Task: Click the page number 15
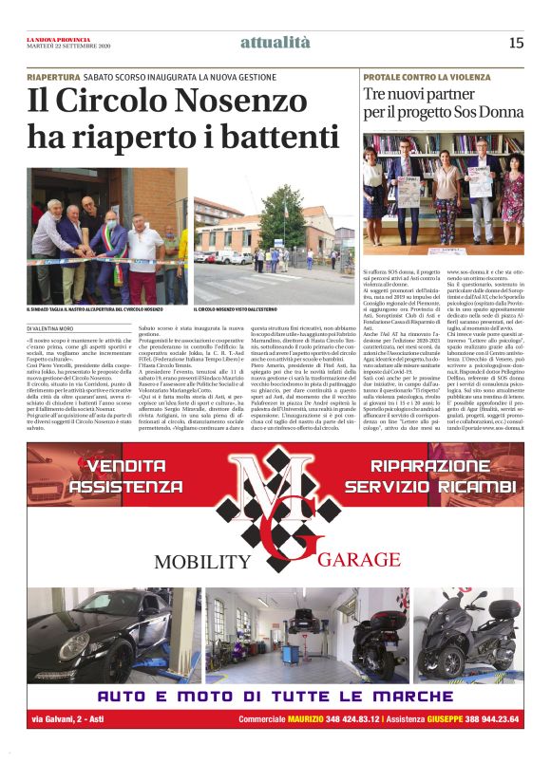(516, 42)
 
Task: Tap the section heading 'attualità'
(275, 42)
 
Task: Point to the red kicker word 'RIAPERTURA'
(53, 76)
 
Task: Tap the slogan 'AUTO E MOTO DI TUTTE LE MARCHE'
(275, 697)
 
